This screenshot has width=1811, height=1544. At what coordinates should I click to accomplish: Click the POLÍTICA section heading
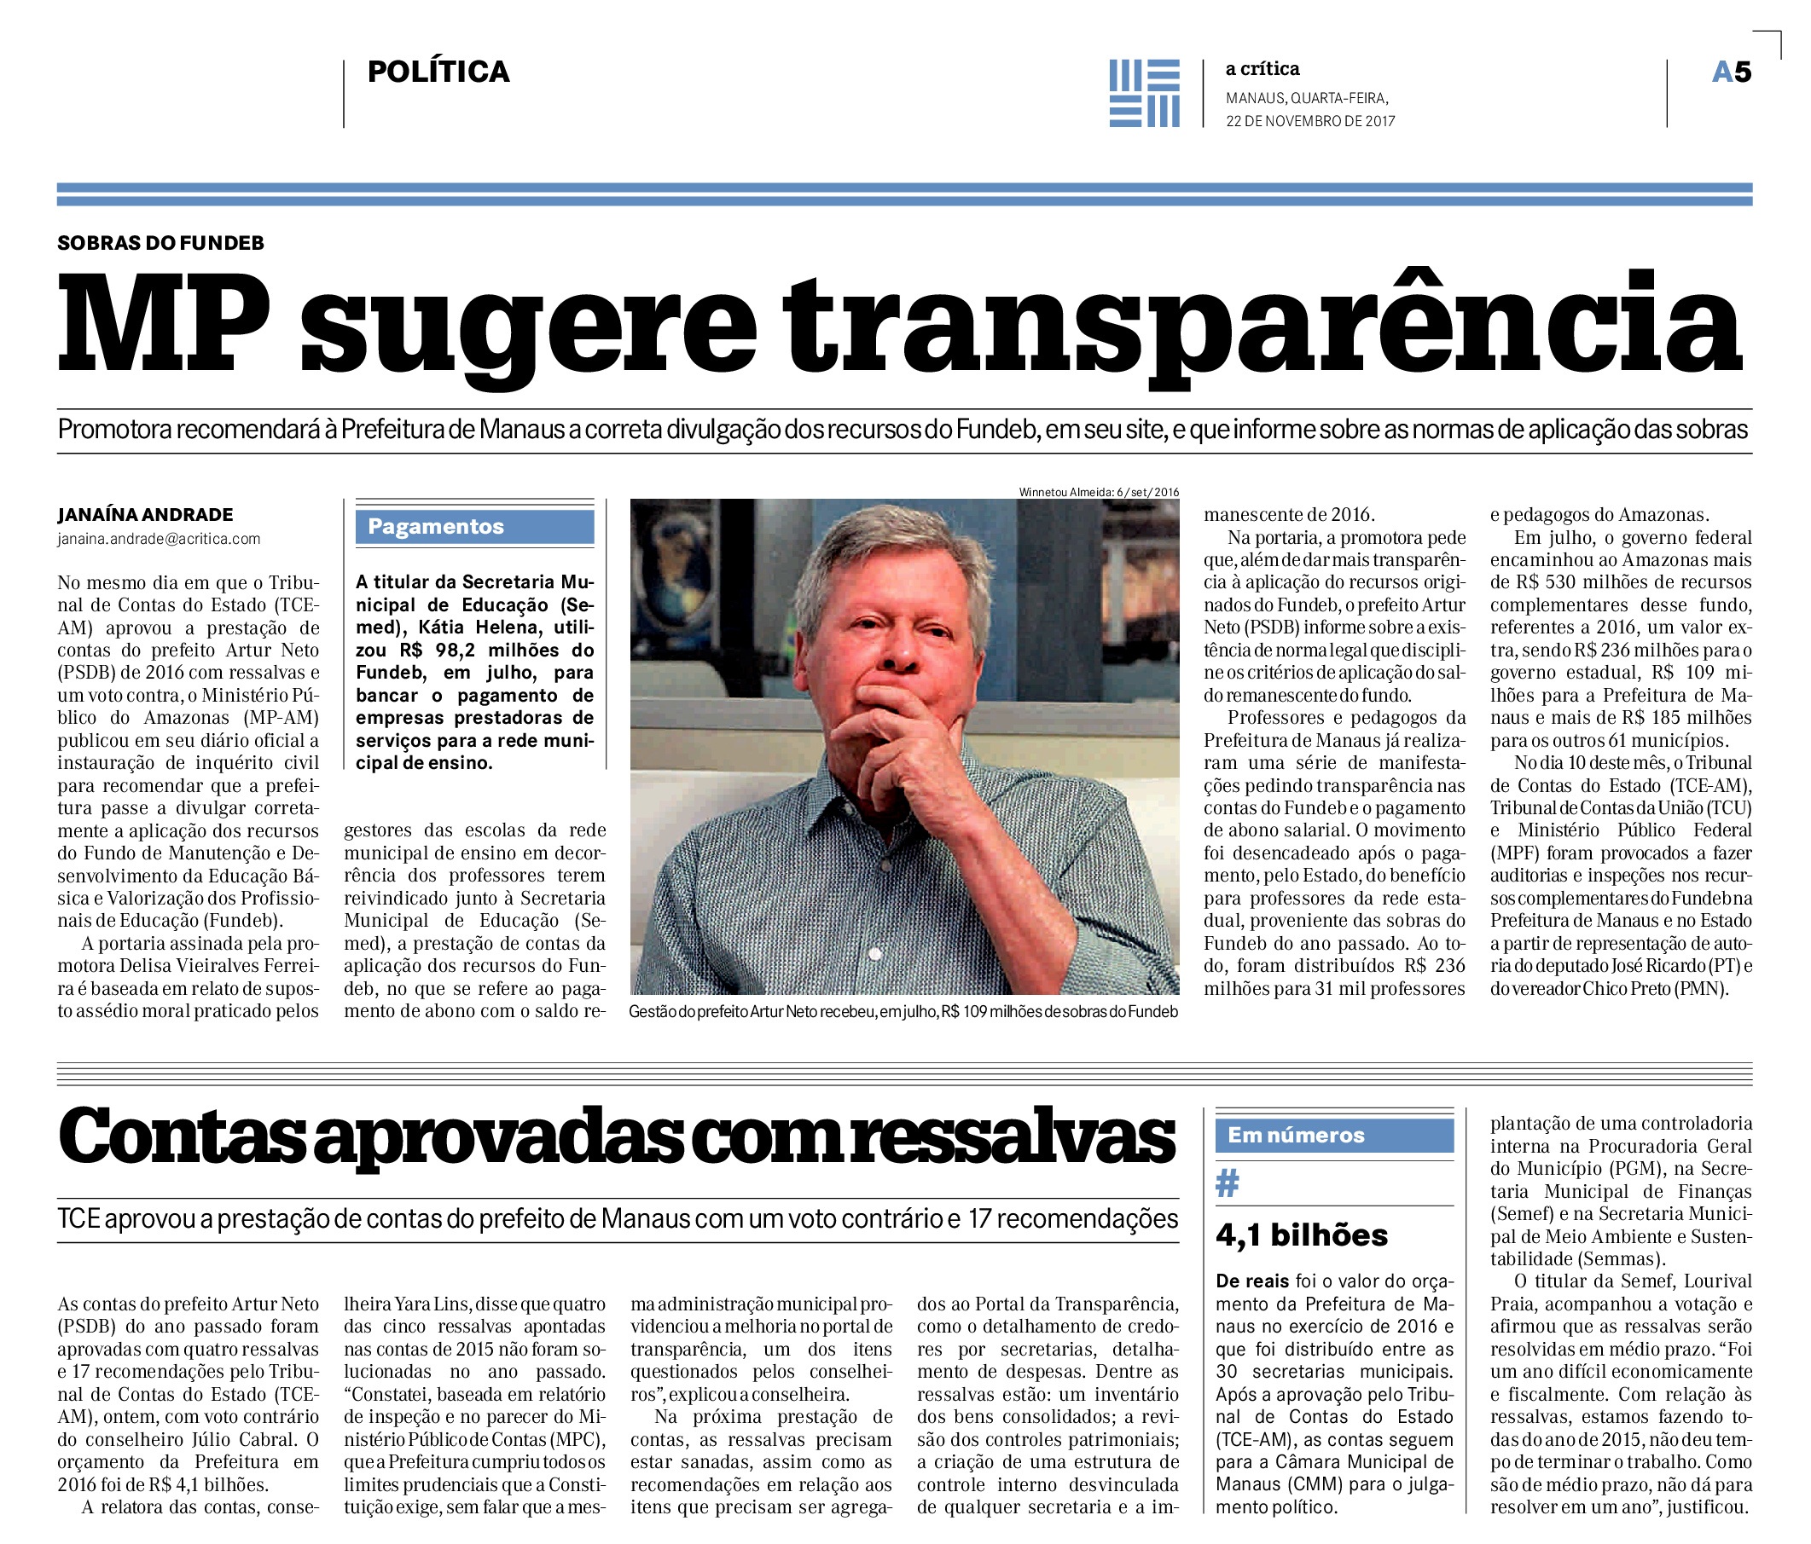tap(438, 72)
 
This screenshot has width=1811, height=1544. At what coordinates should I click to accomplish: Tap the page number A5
tap(1731, 72)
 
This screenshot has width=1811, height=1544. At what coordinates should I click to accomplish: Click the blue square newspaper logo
tap(1144, 94)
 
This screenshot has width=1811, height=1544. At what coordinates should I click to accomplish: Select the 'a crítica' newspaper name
tap(1262, 69)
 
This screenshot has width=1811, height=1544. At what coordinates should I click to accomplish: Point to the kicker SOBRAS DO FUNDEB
tap(161, 243)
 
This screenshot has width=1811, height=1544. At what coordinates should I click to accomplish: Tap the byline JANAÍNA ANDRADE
tap(145, 515)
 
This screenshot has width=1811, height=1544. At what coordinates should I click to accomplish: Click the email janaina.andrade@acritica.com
tap(159, 539)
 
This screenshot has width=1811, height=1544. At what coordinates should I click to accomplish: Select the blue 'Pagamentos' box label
tap(436, 526)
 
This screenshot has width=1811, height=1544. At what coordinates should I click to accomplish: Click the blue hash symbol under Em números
tap(1228, 1184)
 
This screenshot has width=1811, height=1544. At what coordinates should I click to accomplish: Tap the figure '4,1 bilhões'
tap(1302, 1235)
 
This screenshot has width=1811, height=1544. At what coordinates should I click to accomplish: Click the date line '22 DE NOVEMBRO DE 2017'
tap(1310, 121)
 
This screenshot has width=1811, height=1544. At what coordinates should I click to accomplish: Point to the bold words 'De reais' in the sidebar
tap(1251, 1282)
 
